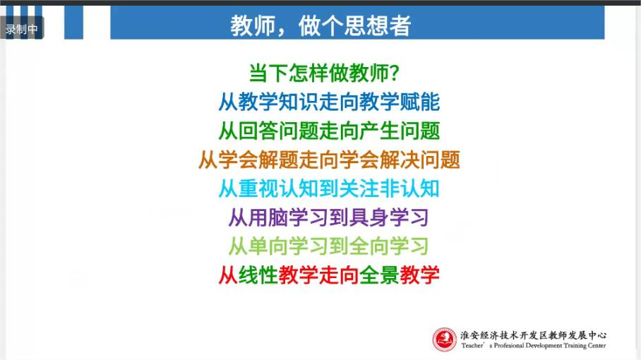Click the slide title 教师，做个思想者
pyautogui.click(x=320, y=25)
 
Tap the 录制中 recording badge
pyautogui.click(x=22, y=29)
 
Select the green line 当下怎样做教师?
pyautogui.click(x=324, y=73)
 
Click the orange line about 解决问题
pyautogui.click(x=329, y=160)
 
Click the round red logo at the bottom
pyautogui.click(x=445, y=340)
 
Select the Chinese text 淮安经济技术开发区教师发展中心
pyautogui.click(x=533, y=335)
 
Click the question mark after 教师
pyautogui.click(x=395, y=73)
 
